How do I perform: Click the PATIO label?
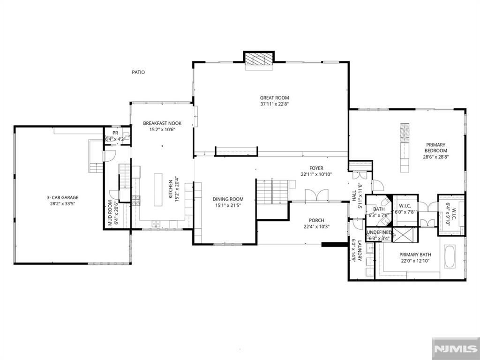coord(138,72)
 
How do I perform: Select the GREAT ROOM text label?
coord(275,98)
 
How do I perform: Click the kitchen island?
coord(158,190)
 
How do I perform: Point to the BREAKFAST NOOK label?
coord(162,123)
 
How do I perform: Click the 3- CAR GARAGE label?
coord(62,198)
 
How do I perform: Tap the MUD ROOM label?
coord(110,213)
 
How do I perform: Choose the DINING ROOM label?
coord(228,199)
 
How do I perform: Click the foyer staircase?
coord(273,192)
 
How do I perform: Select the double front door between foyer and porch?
coord(317,195)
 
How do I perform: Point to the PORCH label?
coord(316,220)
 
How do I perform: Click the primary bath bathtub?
coord(450,256)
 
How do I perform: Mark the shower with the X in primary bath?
coord(405,235)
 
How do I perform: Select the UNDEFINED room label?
coord(379,232)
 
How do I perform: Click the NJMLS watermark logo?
coord(456,349)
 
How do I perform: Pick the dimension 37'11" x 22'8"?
coord(275,104)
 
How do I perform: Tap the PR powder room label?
coord(115,133)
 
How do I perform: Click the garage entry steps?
coord(96,156)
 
